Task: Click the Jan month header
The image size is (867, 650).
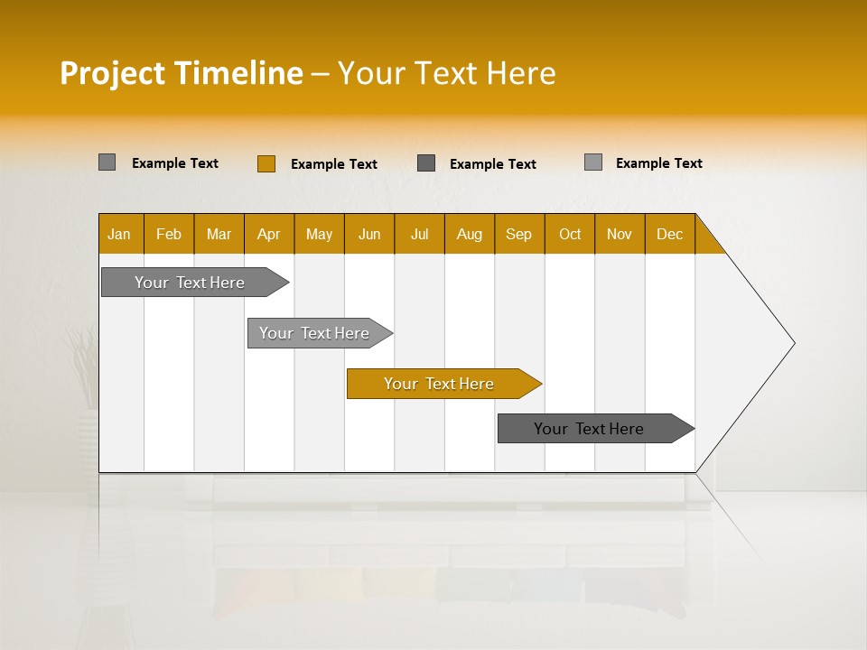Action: pyautogui.click(x=120, y=234)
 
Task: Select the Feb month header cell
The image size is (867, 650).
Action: pyautogui.click(x=169, y=234)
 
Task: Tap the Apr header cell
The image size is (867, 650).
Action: pyautogui.click(x=269, y=234)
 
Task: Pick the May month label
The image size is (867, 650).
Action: pyautogui.click(x=319, y=234)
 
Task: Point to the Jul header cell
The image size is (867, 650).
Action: pyautogui.click(x=419, y=234)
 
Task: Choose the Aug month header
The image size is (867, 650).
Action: pyautogui.click(x=470, y=234)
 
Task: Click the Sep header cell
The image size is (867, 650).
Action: pyautogui.click(x=519, y=234)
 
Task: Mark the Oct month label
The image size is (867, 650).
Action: pyautogui.click(x=570, y=234)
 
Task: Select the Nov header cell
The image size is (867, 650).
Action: pyautogui.click(x=620, y=234)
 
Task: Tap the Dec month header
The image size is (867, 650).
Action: pyautogui.click(x=670, y=234)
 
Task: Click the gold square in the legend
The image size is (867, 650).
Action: pyautogui.click(x=266, y=163)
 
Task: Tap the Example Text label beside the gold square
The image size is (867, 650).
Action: pyautogui.click(x=334, y=164)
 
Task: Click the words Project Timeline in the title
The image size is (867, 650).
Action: pyautogui.click(x=182, y=73)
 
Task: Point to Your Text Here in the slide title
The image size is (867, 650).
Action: pyautogui.click(x=446, y=73)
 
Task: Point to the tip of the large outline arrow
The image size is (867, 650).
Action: pyautogui.click(x=793, y=343)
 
